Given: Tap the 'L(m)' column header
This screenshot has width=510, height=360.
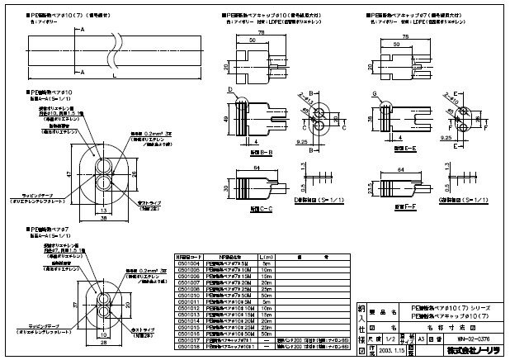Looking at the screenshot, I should [265, 256].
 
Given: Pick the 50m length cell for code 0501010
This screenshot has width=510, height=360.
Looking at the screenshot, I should [265, 296].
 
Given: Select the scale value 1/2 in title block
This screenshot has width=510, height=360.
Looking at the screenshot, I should [392, 337].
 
